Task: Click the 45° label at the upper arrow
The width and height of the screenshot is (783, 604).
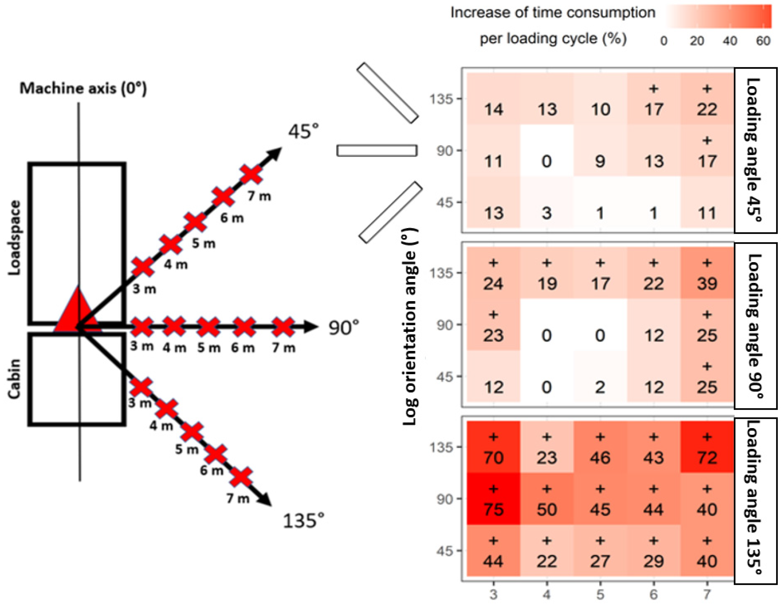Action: point(303,132)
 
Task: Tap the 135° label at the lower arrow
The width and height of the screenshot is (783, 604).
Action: point(303,521)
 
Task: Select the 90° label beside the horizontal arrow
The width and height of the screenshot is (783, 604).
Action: point(343,328)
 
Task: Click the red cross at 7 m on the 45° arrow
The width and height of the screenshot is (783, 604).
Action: point(251,175)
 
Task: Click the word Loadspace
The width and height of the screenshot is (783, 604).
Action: point(14,238)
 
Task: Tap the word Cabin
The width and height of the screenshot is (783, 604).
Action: point(14,379)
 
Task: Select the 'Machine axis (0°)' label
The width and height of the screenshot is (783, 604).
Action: point(83,88)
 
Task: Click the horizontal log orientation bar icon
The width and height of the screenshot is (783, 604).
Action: point(377,150)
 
